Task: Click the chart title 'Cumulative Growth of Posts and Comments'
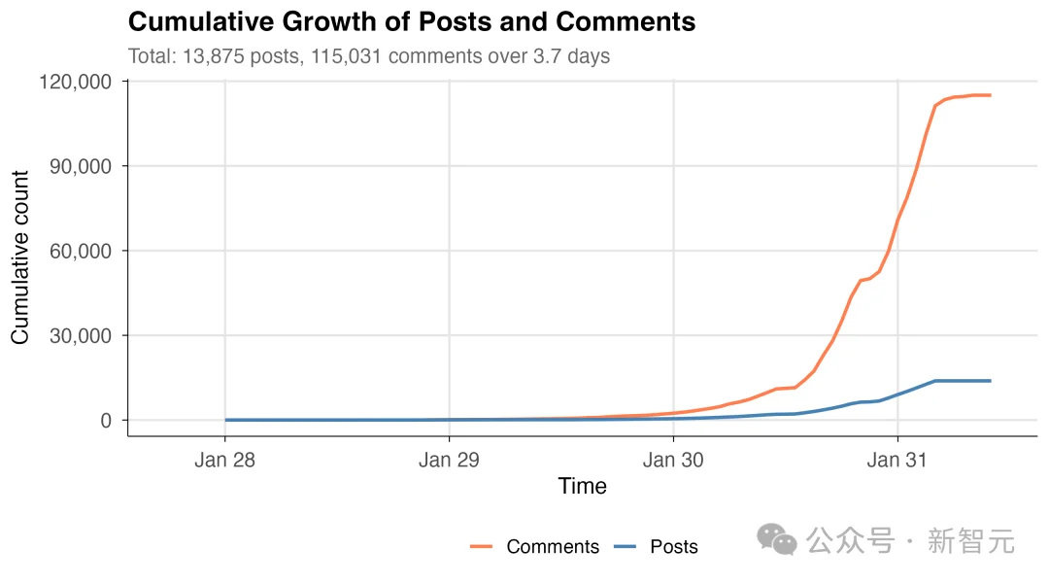point(412,22)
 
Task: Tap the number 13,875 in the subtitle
point(208,56)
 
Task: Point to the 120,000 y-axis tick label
point(76,82)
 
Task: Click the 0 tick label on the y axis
point(106,421)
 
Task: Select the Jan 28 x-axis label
point(224,460)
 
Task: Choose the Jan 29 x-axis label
point(449,460)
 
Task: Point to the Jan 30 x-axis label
point(673,460)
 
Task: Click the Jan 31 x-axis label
point(897,460)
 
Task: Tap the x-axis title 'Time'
point(583,487)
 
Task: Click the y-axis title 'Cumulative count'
point(20,257)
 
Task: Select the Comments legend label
point(553,547)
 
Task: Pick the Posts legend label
point(674,547)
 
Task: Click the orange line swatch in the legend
point(482,547)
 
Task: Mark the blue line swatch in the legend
point(626,547)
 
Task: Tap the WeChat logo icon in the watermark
point(777,539)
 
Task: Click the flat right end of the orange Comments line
point(981,95)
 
